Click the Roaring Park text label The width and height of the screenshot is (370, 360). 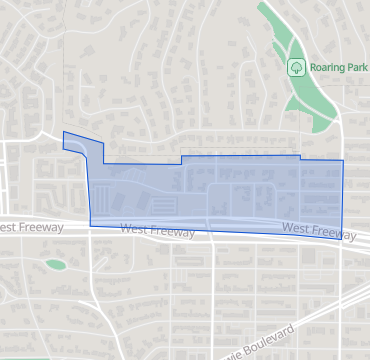coord(338,67)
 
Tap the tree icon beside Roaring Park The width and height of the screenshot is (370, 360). coord(296,67)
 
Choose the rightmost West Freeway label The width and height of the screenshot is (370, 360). coord(318,231)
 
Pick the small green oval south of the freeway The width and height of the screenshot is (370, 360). coord(55,265)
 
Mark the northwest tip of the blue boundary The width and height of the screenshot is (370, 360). coord(64,132)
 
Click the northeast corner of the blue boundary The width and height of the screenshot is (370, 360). coord(343,160)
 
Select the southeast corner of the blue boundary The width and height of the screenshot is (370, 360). coord(342,239)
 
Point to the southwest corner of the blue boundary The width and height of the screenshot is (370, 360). coord(91,224)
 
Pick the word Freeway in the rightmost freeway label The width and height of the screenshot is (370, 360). coord(333,233)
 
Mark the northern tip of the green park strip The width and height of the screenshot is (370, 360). coord(264,4)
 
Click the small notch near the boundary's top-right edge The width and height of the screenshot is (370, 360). coord(301,156)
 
